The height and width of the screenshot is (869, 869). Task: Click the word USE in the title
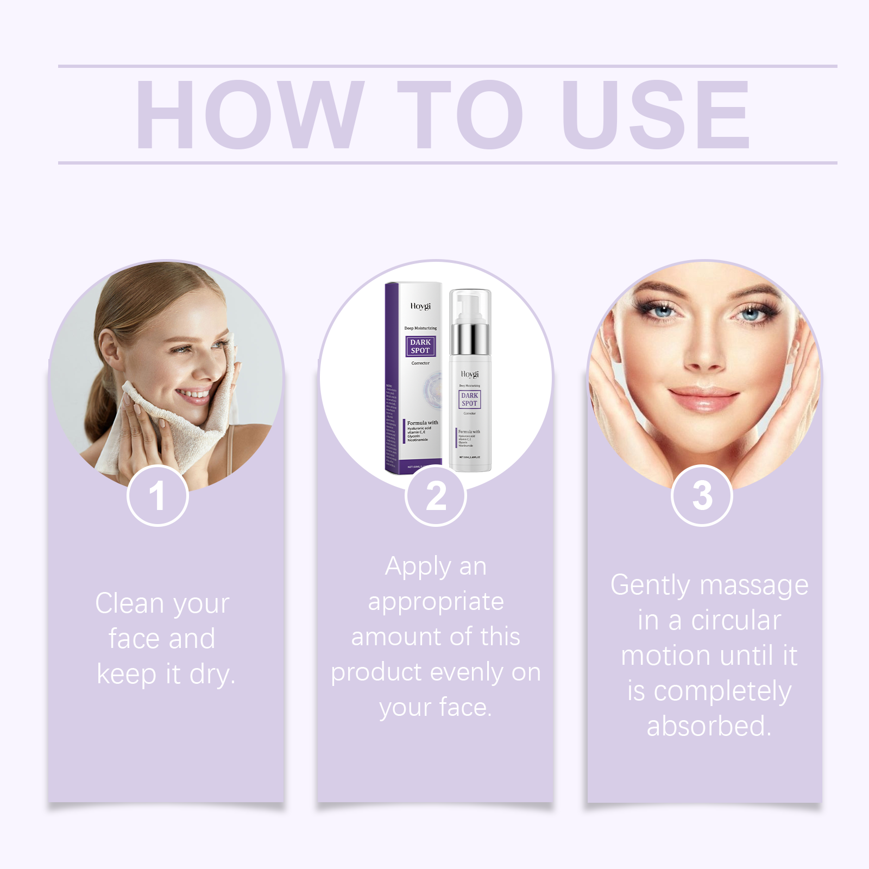[656, 114]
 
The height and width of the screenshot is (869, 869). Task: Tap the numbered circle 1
[158, 496]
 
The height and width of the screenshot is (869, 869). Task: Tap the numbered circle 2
[436, 496]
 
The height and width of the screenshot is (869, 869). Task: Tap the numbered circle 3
[702, 496]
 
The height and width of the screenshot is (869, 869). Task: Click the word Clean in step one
[129, 603]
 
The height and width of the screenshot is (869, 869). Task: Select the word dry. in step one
[212, 675]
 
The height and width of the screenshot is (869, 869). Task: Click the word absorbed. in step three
[709, 726]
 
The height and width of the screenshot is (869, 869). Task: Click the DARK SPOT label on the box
[420, 347]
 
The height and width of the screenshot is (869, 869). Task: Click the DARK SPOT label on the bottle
[469, 399]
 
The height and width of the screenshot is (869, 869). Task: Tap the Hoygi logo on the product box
[420, 306]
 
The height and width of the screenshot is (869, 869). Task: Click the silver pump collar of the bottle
[470, 338]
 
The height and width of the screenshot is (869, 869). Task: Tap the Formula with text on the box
[422, 423]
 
